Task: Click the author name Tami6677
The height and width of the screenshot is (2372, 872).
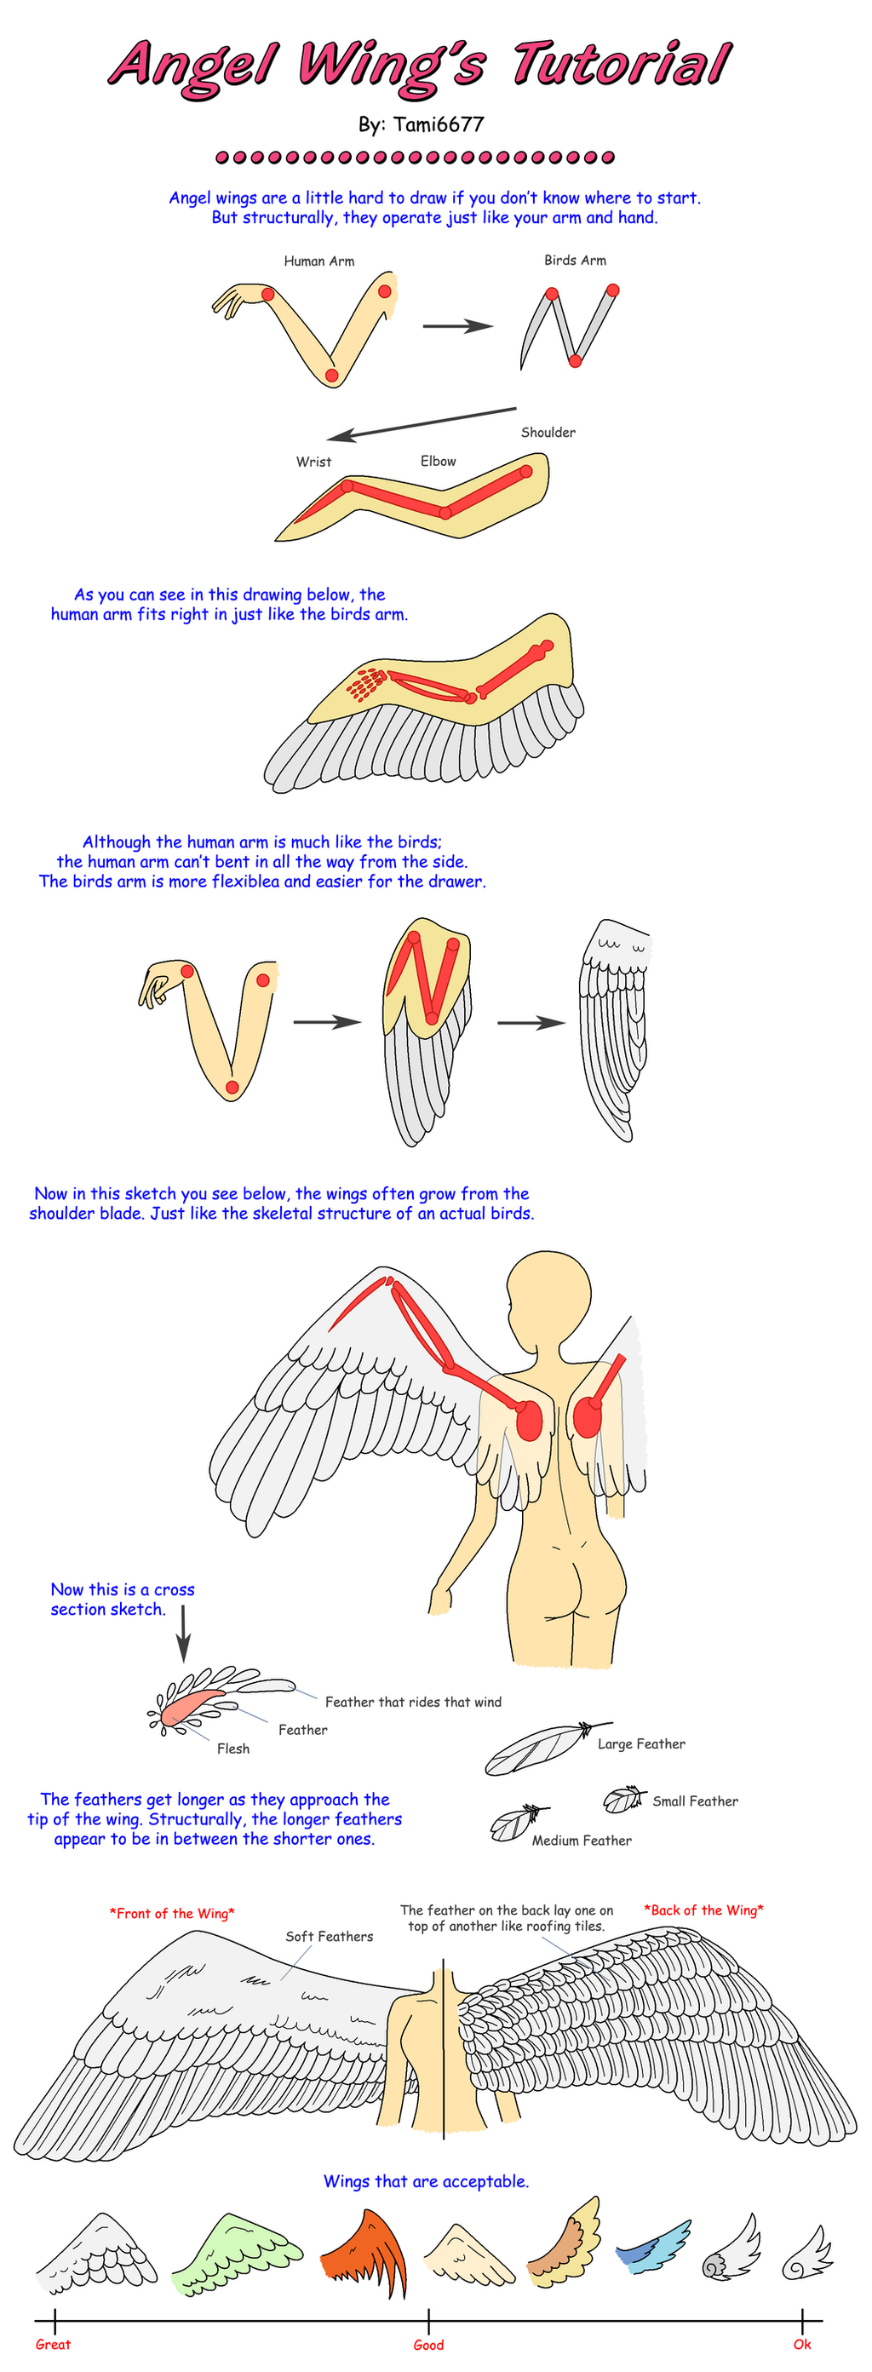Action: coord(438,124)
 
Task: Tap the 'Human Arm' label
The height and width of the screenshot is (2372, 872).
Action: coord(318,261)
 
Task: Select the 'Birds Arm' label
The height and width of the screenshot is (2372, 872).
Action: coord(575,260)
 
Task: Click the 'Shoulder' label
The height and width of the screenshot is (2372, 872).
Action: coord(548,432)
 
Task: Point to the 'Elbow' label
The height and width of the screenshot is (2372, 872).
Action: coord(439,461)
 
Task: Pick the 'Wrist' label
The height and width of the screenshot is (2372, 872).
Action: coord(313,462)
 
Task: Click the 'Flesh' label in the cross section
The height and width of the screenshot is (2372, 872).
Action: coord(233,1749)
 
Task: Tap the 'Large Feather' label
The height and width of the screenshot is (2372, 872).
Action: coord(641,1744)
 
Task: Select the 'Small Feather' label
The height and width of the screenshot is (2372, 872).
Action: coord(695,1801)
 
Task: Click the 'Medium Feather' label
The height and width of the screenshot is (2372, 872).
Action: coord(582,1841)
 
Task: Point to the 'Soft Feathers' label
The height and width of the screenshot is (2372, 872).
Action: coord(329,1937)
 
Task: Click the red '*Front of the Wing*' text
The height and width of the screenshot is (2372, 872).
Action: coord(172,1914)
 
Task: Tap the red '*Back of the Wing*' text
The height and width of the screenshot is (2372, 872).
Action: coord(703,1910)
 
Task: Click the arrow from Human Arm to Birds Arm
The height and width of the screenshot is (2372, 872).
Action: coord(457,326)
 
